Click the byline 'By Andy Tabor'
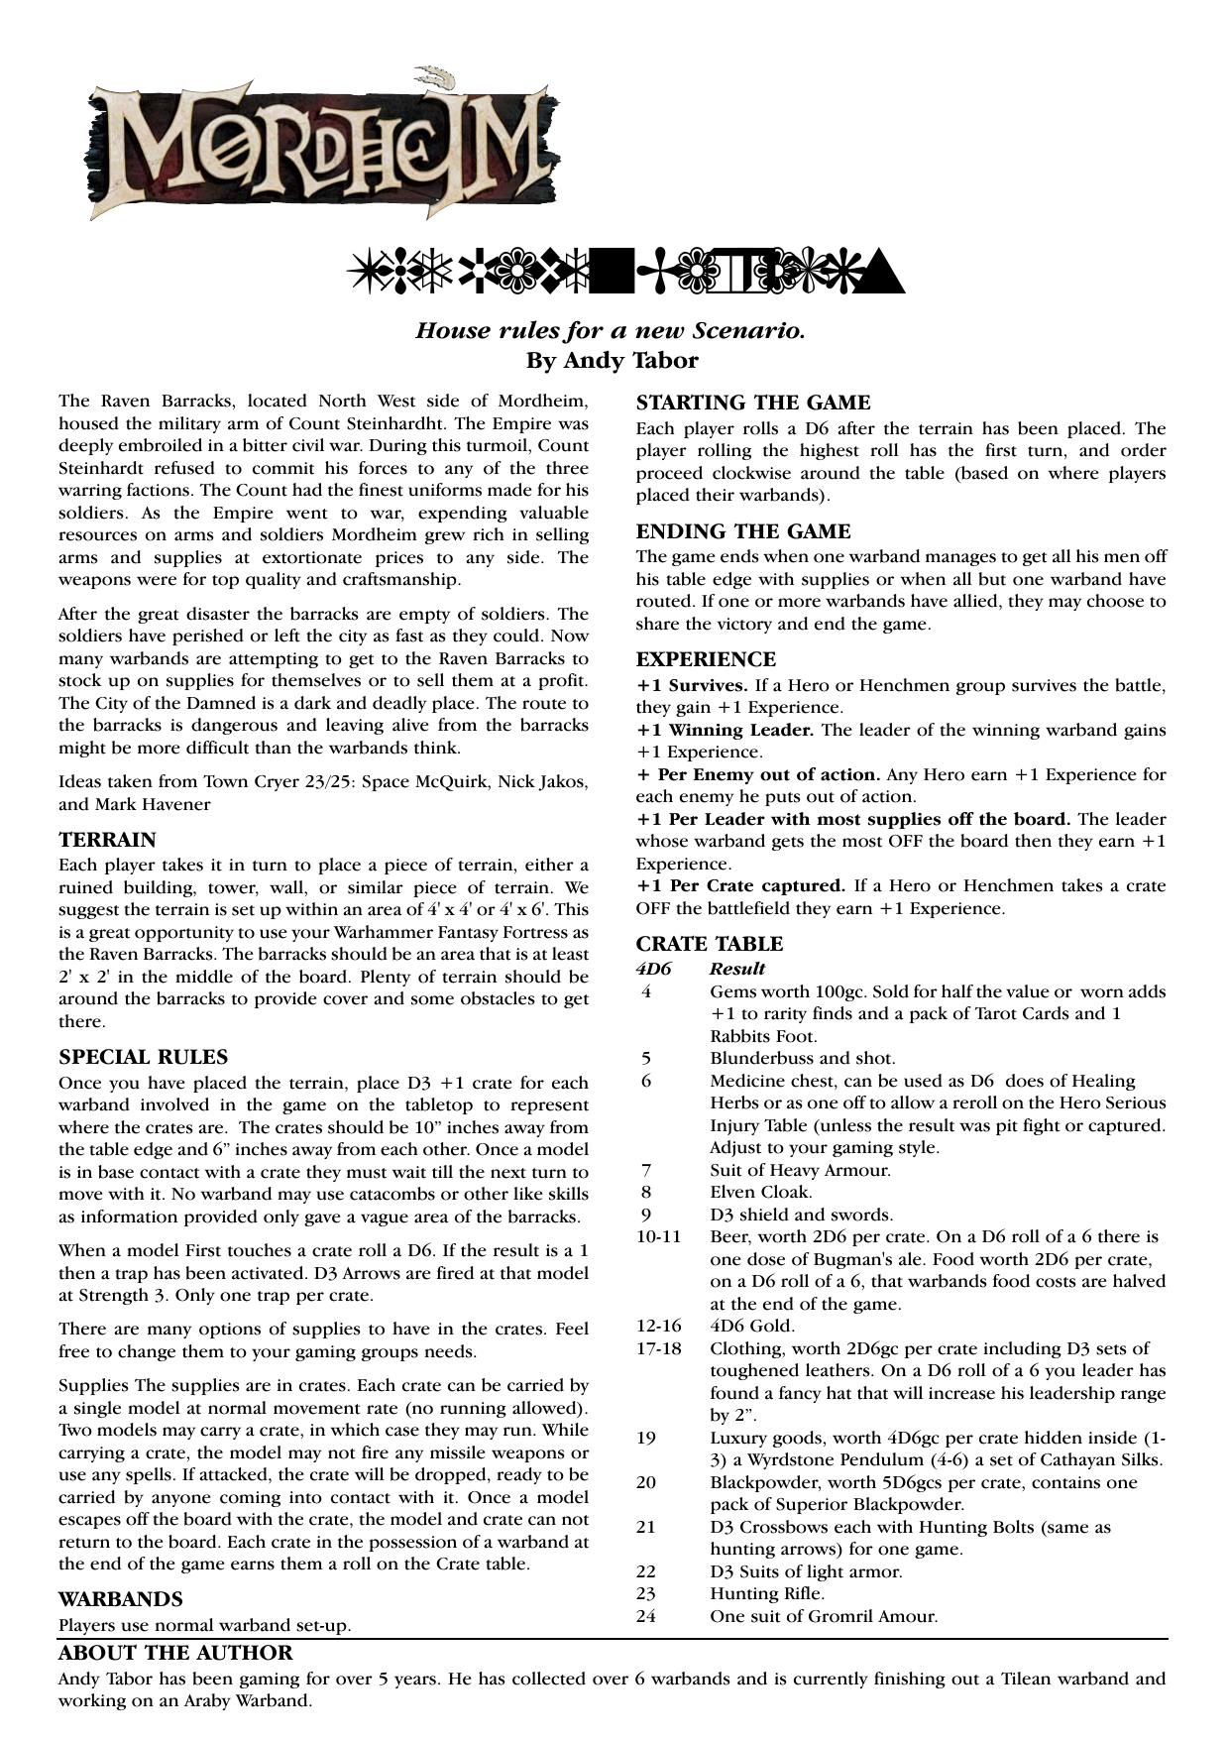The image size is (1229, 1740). click(612, 360)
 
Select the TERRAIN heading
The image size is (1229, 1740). click(107, 840)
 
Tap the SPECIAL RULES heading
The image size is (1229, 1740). click(143, 1057)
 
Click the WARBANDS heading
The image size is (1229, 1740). click(121, 1599)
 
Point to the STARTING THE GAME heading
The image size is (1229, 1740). click(752, 403)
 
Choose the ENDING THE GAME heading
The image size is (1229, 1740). click(743, 531)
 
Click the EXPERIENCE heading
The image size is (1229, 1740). click(706, 659)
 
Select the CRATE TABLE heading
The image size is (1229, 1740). click(709, 944)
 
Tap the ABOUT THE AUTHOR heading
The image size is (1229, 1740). click(175, 1653)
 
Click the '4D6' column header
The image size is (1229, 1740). click(653, 969)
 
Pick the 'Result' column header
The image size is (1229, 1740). click(737, 969)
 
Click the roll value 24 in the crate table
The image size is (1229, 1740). click(646, 1616)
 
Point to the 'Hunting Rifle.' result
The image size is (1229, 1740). click(767, 1593)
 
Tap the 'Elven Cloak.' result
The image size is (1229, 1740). click(761, 1192)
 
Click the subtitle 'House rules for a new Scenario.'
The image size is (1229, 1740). click(611, 330)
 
